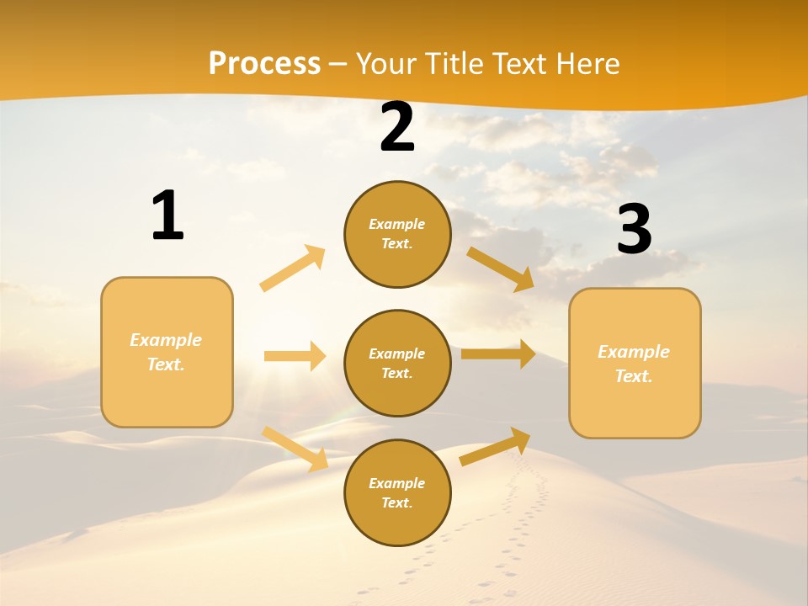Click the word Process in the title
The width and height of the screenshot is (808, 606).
[264, 64]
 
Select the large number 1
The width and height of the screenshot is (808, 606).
[167, 216]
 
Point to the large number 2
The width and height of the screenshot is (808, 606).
[397, 128]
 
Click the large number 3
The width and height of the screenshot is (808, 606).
[634, 230]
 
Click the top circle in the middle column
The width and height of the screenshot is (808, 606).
[397, 234]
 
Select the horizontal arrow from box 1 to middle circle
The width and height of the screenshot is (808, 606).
[295, 356]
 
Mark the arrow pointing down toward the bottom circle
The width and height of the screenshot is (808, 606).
[295, 449]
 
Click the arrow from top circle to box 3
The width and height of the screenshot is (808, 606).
[501, 268]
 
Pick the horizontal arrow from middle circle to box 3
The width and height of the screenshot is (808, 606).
[498, 353]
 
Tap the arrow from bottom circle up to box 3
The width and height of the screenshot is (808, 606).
[495, 447]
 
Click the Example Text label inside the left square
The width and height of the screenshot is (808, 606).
[166, 352]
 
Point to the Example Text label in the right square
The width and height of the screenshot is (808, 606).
[634, 364]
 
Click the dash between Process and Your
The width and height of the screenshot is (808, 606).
[338, 64]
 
